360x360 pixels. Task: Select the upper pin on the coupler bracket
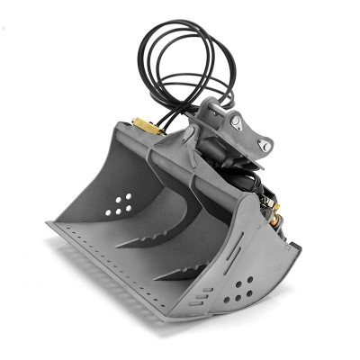point(235,121)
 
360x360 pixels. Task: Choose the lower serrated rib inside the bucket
point(184,267)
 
